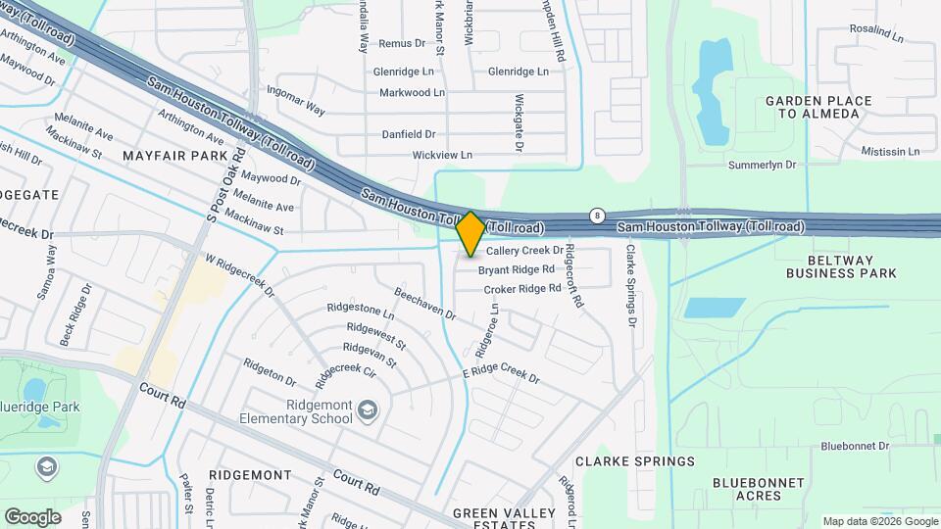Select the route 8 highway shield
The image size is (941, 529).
(596, 216)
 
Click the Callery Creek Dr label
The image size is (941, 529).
(525, 251)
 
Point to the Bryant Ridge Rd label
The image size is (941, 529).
(517, 269)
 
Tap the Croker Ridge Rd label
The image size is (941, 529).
(521, 289)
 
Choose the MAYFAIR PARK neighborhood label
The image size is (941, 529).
(183, 156)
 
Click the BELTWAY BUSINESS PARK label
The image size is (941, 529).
(841, 266)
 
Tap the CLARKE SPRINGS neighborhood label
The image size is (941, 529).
(635, 460)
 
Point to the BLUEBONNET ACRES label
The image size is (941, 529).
(759, 489)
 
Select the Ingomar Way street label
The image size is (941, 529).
(296, 100)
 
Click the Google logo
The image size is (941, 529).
(32, 516)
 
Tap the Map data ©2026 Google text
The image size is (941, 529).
(879, 521)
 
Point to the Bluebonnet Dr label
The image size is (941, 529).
(855, 446)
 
